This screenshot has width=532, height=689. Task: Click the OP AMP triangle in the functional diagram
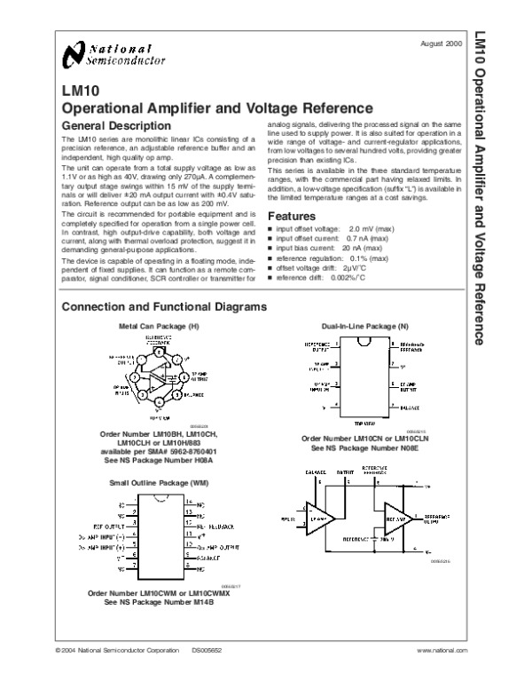click(x=318, y=515)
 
